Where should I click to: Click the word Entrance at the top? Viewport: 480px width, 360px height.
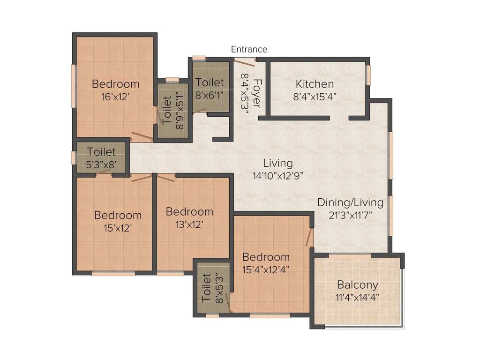click(x=249, y=49)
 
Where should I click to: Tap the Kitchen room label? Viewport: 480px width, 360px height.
click(x=315, y=84)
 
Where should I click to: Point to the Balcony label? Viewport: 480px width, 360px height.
click(x=358, y=285)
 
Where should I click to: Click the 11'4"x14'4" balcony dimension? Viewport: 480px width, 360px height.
click(x=358, y=297)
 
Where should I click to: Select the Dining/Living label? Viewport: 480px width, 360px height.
click(x=350, y=203)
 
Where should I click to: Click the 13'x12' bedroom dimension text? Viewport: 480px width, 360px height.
click(x=189, y=224)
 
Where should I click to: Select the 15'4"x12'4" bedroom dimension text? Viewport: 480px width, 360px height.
click(x=266, y=269)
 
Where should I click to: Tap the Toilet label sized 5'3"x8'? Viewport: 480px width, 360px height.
click(x=102, y=152)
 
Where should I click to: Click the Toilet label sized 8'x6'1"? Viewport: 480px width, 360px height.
click(x=210, y=82)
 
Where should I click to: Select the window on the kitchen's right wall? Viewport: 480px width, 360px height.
click(x=368, y=75)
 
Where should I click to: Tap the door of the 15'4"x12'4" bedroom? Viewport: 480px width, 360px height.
click(x=309, y=237)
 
